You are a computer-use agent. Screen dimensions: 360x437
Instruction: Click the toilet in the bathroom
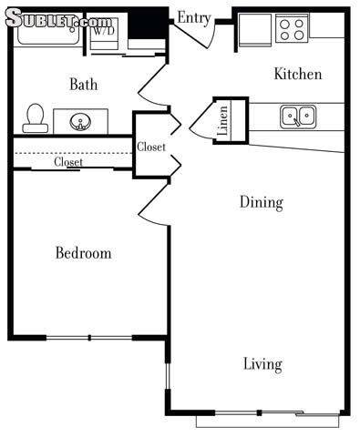[x=35, y=118]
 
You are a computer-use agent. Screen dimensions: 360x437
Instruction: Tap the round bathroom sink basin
[x=80, y=122]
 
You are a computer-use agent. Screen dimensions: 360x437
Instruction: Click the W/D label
[x=104, y=30]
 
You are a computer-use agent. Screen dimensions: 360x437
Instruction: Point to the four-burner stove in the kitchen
[x=292, y=28]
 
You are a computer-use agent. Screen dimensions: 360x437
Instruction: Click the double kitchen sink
[x=298, y=116]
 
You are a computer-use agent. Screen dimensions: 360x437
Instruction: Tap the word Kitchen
[x=298, y=74]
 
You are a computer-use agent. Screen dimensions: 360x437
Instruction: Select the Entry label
[x=194, y=18]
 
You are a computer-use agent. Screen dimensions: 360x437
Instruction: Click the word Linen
[x=223, y=120]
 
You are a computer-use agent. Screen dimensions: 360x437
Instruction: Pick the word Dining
[x=262, y=203]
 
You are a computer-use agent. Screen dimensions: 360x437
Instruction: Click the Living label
[x=262, y=364]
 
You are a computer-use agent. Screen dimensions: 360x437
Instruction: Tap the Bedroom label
[x=84, y=253]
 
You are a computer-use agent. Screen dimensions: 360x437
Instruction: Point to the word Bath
[x=84, y=84]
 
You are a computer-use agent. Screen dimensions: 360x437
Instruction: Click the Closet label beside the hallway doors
[x=151, y=147]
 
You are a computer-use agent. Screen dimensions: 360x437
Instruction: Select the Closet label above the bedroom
[x=68, y=162]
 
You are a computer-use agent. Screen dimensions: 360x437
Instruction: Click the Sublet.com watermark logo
[x=58, y=19]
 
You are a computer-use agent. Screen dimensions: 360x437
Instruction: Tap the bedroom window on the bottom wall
[x=89, y=338]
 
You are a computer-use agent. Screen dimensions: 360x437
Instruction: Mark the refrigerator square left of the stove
[x=255, y=29]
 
